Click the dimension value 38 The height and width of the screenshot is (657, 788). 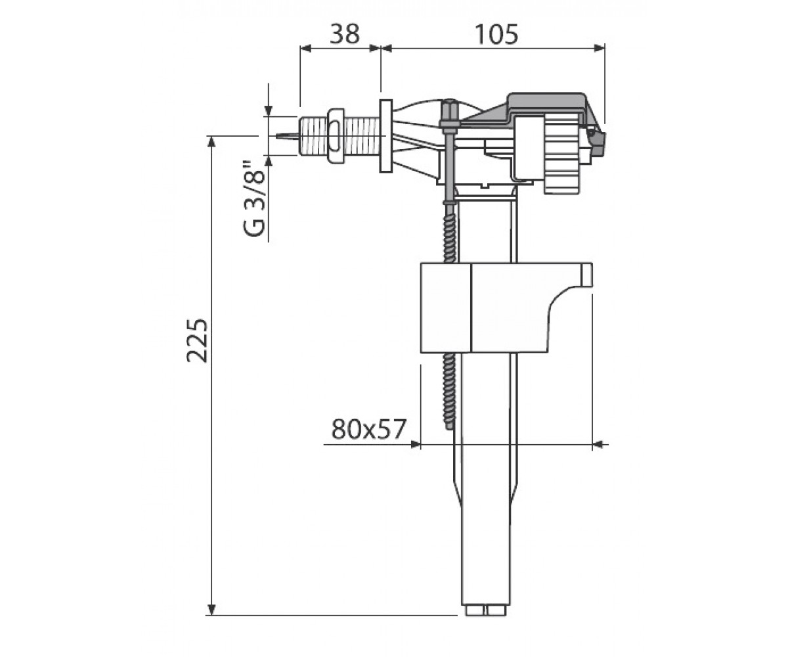pyautogui.click(x=345, y=34)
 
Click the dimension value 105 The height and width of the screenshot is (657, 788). pyautogui.click(x=496, y=34)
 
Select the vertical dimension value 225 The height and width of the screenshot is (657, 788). pyautogui.click(x=197, y=341)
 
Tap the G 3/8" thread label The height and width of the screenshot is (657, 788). pyautogui.click(x=254, y=198)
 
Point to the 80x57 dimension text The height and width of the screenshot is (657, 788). pyautogui.click(x=368, y=429)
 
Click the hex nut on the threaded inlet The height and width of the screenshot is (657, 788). pyautogui.click(x=336, y=136)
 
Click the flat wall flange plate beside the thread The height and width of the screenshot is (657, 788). pyautogui.click(x=385, y=136)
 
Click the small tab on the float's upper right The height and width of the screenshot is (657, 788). pyautogui.click(x=586, y=275)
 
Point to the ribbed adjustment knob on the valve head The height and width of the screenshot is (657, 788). pyautogui.click(x=561, y=154)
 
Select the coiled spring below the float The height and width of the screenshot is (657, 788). pyautogui.click(x=450, y=390)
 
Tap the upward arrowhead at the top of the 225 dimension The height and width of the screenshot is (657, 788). pyautogui.click(x=211, y=143)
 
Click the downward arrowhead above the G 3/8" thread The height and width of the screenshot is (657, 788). pyautogui.click(x=269, y=110)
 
